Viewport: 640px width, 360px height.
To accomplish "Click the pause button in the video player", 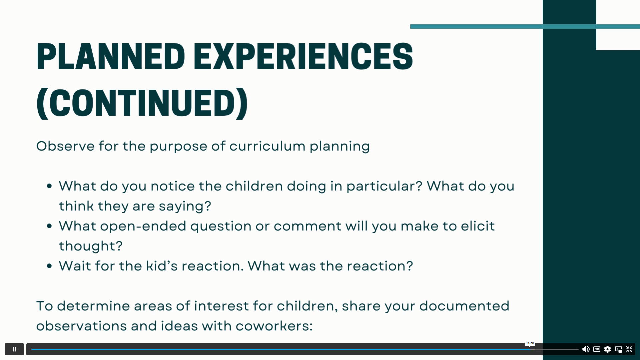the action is click(x=14, y=349).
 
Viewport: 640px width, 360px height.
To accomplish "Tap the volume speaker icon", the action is click(x=586, y=349).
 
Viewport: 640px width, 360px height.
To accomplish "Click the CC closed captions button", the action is click(x=597, y=349).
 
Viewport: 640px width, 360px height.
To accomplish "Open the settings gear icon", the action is click(x=607, y=349).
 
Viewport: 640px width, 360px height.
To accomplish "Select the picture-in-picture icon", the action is click(x=618, y=349).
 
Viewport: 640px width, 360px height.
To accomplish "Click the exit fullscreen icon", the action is click(x=629, y=349).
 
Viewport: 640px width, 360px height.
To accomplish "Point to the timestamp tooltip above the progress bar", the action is click(x=530, y=343).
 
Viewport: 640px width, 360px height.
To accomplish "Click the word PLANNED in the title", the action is click(x=110, y=56).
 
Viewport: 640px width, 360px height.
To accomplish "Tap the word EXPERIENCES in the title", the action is click(x=303, y=56).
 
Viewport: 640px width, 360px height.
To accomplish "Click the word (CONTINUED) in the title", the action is click(x=142, y=103).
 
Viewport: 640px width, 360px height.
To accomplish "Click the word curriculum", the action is click(x=267, y=146).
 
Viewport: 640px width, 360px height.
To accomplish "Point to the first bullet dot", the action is click(x=50, y=186).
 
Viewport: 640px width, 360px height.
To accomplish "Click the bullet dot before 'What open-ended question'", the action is click(x=50, y=226).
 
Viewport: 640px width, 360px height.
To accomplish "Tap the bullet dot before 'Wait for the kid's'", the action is click(x=50, y=266).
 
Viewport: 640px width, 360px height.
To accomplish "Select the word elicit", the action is click(x=478, y=226).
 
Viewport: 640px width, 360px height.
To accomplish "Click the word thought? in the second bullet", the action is click(x=91, y=246).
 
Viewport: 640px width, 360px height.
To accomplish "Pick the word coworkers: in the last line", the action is click(x=274, y=326).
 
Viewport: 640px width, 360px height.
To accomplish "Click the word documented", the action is click(x=464, y=306).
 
